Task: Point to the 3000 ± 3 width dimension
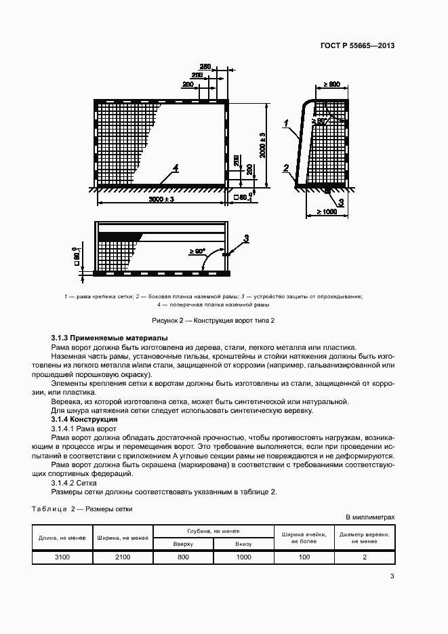coord(161,200)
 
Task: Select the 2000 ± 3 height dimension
coord(262,144)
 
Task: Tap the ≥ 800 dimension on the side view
coord(331,84)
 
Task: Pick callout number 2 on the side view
coord(286,168)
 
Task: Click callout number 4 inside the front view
coord(175,167)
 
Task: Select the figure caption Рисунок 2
coord(223,320)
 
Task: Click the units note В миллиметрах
coord(371,517)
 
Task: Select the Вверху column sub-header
coord(183,544)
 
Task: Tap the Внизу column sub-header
coord(243,544)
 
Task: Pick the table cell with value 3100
coord(62,557)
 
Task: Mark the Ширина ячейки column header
coord(304,538)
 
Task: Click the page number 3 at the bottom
coord(392,576)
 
